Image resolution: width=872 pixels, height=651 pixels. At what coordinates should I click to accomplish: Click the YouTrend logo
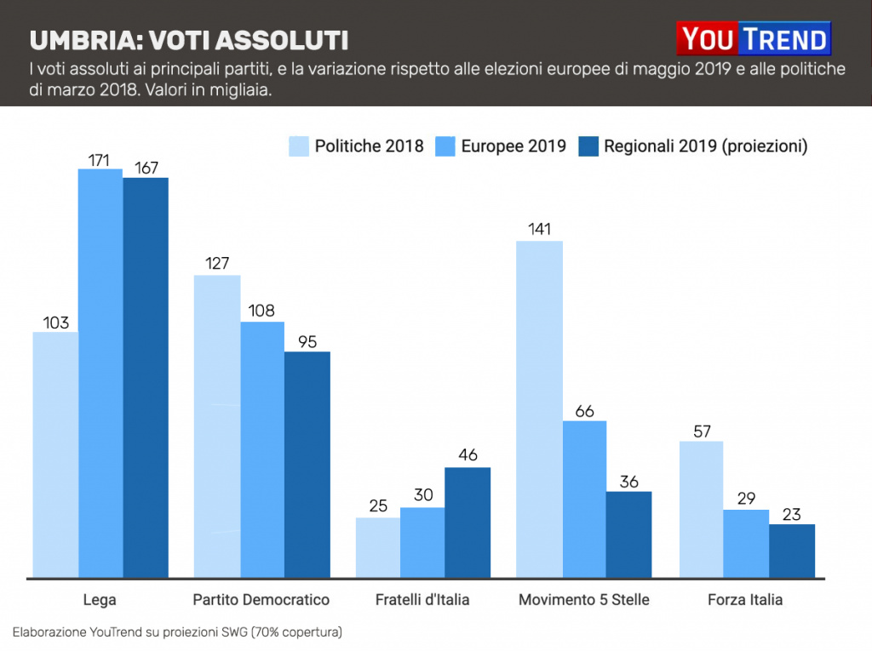tap(753, 39)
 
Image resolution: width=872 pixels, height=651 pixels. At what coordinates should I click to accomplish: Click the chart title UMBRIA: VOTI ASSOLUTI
tap(188, 41)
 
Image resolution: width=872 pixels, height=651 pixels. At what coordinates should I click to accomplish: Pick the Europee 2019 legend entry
tap(500, 146)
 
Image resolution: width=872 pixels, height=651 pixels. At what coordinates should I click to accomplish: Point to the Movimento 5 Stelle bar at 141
tap(539, 409)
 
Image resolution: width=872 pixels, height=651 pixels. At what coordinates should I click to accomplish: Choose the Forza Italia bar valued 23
tap(792, 551)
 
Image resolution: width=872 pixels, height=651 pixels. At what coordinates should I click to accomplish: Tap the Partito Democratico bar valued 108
tap(262, 449)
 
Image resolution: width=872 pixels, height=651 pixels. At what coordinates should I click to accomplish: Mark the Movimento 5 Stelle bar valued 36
tap(628, 534)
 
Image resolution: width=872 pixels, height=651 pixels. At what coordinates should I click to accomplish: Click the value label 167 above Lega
tap(146, 168)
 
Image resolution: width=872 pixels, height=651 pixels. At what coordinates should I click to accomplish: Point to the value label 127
tap(217, 264)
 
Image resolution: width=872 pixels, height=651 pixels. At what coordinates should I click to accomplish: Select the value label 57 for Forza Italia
tap(701, 431)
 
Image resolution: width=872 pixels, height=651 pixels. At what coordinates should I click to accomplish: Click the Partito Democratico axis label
tap(261, 600)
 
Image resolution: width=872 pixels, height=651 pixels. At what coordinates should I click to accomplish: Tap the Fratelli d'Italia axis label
tap(422, 600)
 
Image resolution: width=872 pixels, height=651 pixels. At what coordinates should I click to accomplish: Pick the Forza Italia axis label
tap(745, 600)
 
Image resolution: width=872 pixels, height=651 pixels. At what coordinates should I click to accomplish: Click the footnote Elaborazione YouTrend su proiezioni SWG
tap(177, 632)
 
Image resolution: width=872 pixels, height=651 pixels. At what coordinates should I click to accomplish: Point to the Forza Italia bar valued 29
tap(746, 544)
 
